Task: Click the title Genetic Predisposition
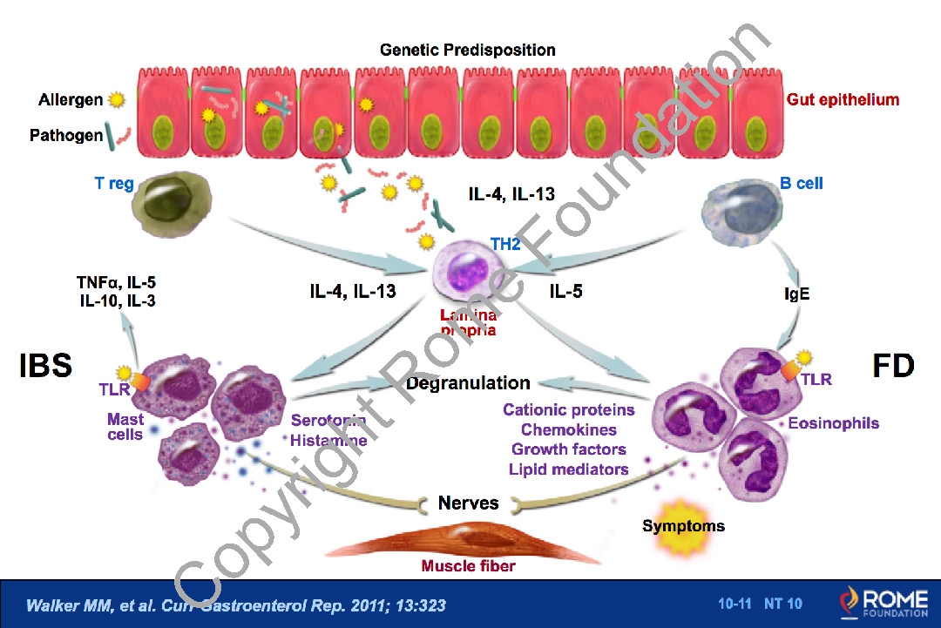(467, 50)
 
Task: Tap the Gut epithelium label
(843, 99)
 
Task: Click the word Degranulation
(479, 382)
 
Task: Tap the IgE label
(796, 294)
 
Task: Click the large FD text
(892, 366)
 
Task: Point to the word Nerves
(469, 503)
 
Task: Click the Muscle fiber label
(469, 566)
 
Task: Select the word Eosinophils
(833, 424)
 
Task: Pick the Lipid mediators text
(569, 469)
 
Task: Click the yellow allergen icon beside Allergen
(116, 100)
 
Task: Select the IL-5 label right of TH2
(565, 291)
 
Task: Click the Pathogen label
(66, 136)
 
